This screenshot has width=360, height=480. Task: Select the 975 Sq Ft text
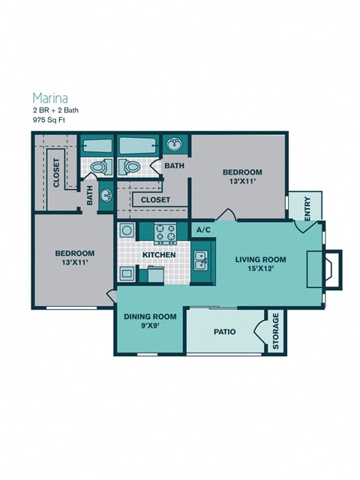coord(49,119)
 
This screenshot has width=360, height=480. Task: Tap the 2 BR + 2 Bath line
coord(55,110)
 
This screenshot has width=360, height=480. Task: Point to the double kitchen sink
coord(201,259)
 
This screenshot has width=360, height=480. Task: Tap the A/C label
coord(202,230)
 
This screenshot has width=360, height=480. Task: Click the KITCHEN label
coord(159,255)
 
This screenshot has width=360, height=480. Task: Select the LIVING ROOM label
coord(260,259)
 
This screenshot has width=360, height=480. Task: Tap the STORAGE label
coord(276,330)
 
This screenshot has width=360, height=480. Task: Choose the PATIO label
coord(225,330)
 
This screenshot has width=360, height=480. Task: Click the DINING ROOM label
coord(150,316)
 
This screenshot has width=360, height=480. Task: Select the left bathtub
coord(96,145)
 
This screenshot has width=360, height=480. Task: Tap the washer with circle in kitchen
coord(127,230)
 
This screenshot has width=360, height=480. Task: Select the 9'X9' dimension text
coord(150,326)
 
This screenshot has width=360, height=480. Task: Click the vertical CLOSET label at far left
coord(55,173)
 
